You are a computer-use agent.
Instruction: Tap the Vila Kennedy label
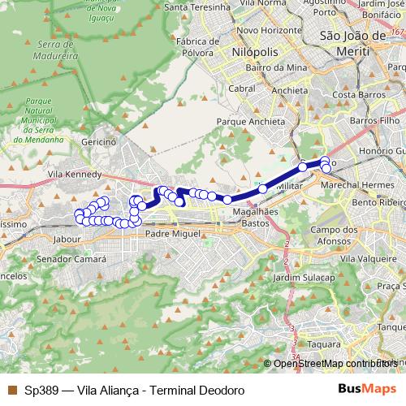75,174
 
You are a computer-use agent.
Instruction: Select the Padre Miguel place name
172,233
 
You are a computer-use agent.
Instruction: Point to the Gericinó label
110,140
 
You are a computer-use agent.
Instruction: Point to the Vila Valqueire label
369,257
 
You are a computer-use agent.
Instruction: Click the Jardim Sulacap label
304,277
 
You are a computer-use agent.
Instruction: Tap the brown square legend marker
11,390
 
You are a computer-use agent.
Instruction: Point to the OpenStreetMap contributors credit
335,363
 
